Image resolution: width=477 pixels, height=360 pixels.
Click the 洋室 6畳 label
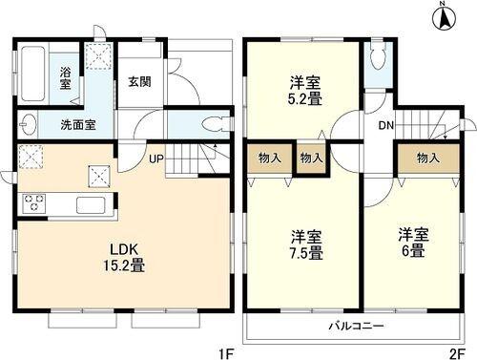(x=413, y=239)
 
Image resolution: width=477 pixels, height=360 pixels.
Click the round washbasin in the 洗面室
(x=28, y=124)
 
